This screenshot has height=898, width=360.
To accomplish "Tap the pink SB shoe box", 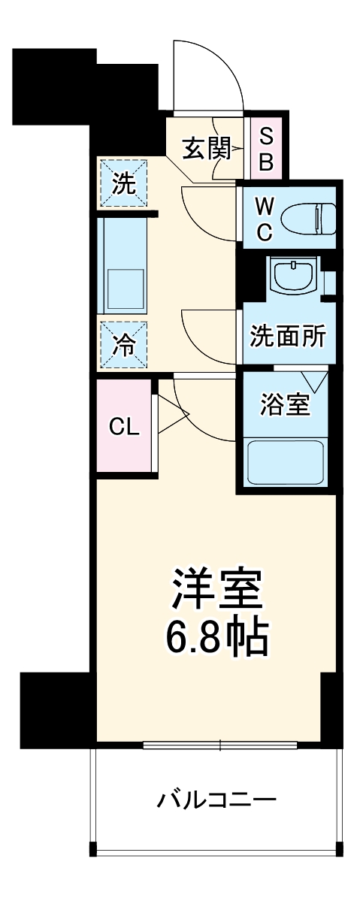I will pyautogui.click(x=266, y=150).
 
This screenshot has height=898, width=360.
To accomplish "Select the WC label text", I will pyautogui.click(x=264, y=218).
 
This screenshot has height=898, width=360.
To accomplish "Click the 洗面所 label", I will pyautogui.click(x=289, y=336).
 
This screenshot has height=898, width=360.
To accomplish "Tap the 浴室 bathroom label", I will pyautogui.click(x=285, y=406).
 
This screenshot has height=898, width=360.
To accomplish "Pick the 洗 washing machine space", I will pyautogui.click(x=124, y=183).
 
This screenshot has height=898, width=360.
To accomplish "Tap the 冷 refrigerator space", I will pyautogui.click(x=124, y=346).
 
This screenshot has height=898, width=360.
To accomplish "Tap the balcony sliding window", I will pyautogui.click(x=219, y=745).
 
